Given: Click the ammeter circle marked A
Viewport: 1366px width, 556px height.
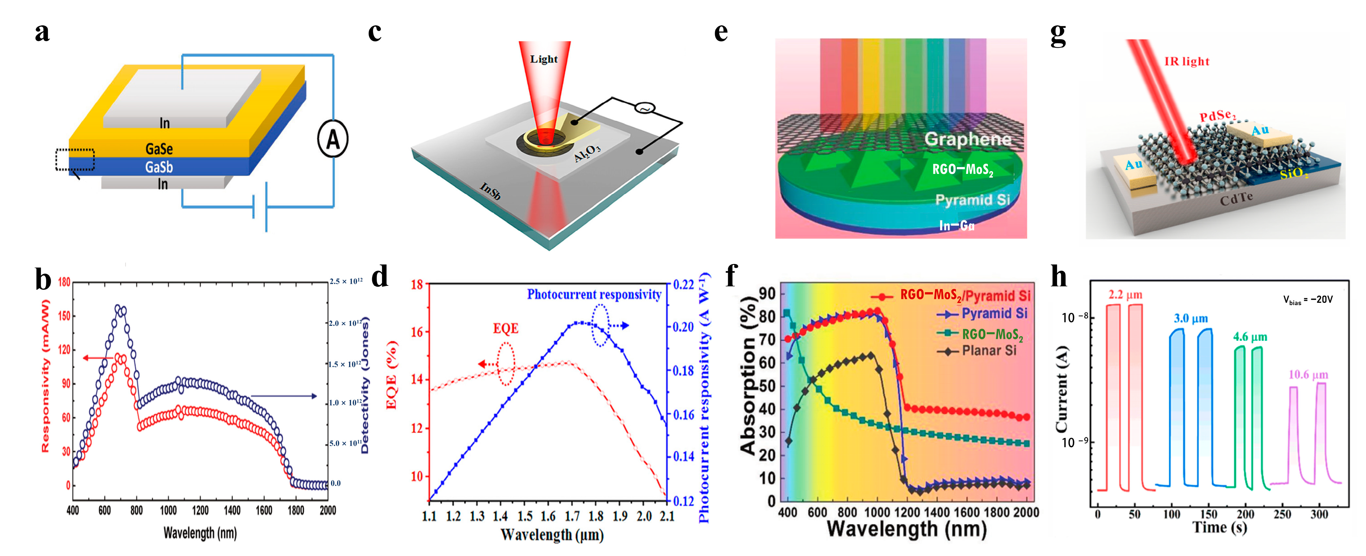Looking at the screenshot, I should (x=332, y=139).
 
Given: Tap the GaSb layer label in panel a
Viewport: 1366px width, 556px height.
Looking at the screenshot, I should (x=159, y=168).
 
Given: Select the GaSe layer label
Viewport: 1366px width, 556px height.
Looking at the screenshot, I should (x=159, y=149).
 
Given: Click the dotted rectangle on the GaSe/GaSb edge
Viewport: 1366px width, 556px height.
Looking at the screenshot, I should (x=75, y=160).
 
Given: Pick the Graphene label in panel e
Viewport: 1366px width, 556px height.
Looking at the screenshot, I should (x=968, y=139).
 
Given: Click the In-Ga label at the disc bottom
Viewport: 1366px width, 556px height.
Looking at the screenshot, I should (x=957, y=226).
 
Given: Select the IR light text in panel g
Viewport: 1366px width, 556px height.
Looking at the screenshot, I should (x=1187, y=62).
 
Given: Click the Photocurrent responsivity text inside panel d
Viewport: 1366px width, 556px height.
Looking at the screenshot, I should (x=594, y=295).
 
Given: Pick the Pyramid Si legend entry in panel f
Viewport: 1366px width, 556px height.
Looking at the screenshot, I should (x=994, y=314).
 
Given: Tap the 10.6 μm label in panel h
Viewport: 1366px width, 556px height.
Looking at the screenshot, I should (x=1308, y=375).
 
